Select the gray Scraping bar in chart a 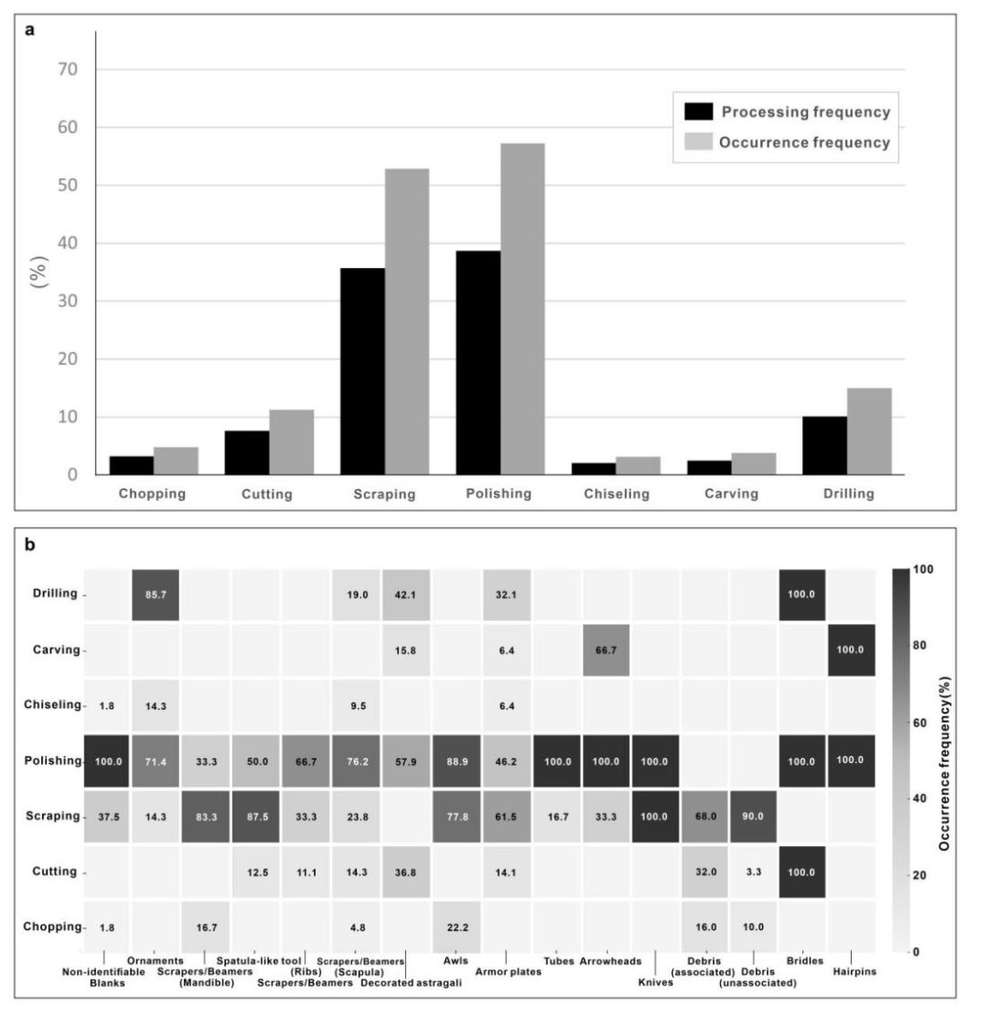(406, 321)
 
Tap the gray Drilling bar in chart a (869, 431)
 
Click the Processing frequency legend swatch (699, 112)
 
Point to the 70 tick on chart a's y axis (68, 70)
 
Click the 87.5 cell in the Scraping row (255, 816)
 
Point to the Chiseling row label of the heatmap (55, 705)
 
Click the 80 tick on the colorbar (918, 646)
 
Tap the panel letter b (30, 545)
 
